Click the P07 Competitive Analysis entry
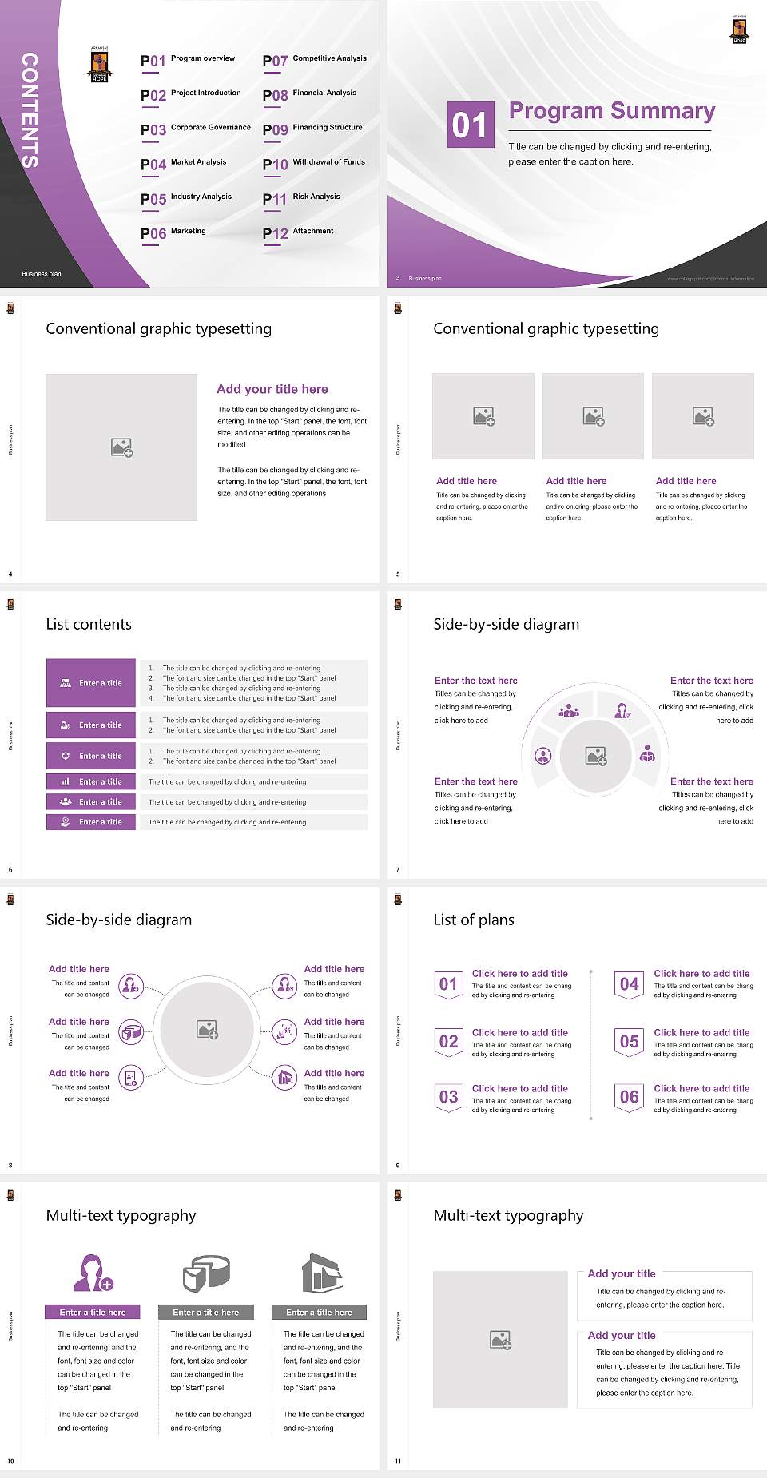(314, 60)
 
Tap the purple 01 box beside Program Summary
(469, 125)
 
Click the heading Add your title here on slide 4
(272, 389)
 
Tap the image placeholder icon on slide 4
(121, 447)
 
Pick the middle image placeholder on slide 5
(593, 416)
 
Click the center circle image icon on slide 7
(596, 756)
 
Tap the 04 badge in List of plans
(630, 984)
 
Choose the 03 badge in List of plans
(449, 1097)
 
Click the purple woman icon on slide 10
(93, 1273)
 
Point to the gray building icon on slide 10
(321, 1273)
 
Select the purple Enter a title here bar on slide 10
(93, 1313)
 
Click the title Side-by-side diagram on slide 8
(119, 920)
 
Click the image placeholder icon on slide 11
(500, 1340)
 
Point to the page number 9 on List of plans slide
(398, 1166)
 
